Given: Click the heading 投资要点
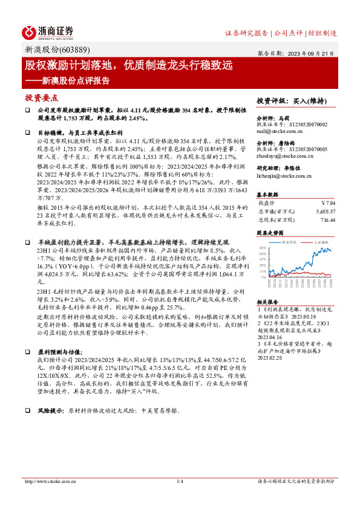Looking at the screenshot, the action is (x=41, y=97).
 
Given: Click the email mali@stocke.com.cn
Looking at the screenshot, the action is (x=278, y=129).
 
